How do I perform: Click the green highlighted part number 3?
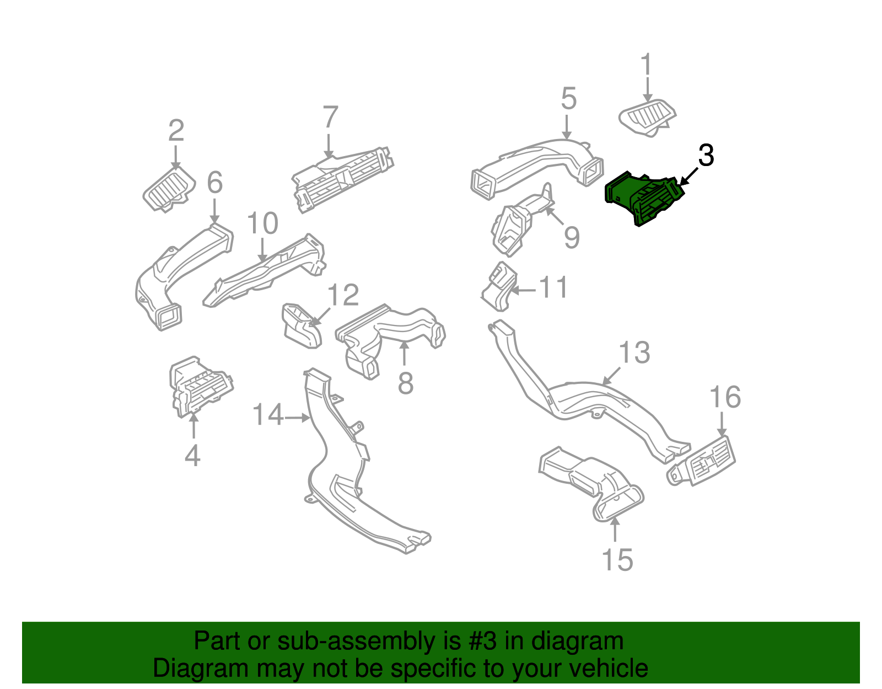[642, 199]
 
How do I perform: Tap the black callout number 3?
[706, 156]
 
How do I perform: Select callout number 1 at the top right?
[646, 65]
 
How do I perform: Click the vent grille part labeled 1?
[647, 117]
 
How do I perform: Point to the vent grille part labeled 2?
[169, 189]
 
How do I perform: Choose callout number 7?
[330, 117]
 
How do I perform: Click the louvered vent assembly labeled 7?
[342, 177]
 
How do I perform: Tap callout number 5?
[568, 99]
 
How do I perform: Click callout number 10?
[262, 224]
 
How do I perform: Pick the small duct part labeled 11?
[499, 287]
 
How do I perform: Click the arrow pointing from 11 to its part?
[524, 290]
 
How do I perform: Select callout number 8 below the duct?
[405, 383]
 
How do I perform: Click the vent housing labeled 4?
[198, 386]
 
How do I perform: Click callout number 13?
[634, 353]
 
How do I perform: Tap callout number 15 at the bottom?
[617, 560]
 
